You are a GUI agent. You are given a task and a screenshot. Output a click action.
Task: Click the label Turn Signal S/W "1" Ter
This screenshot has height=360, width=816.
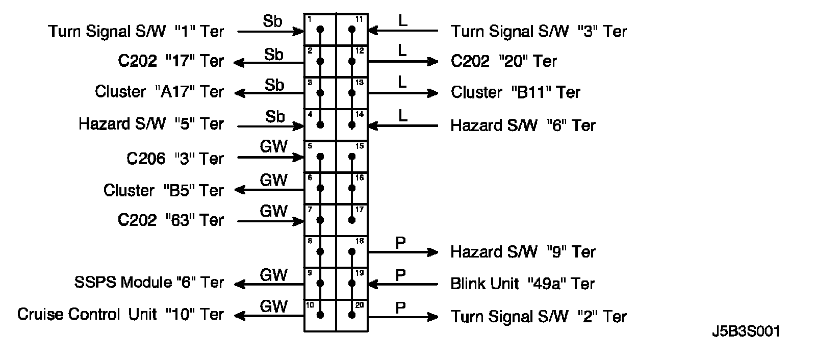[136, 32]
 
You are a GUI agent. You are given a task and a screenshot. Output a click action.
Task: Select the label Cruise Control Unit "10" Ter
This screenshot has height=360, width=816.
[120, 314]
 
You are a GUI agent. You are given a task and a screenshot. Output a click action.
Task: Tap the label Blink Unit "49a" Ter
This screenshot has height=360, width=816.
[523, 284]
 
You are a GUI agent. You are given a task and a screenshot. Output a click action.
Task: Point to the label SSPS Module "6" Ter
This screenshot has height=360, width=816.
[149, 282]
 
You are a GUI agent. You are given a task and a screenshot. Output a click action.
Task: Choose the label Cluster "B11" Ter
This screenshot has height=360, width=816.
[516, 92]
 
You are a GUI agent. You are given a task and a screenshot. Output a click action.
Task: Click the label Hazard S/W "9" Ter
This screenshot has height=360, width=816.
[523, 251]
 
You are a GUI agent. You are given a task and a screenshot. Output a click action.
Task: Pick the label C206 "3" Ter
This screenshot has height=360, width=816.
[175, 159]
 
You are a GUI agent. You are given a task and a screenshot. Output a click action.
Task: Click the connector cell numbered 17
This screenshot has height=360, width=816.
[352, 220]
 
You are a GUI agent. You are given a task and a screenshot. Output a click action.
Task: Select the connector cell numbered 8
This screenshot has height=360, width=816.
[320, 252]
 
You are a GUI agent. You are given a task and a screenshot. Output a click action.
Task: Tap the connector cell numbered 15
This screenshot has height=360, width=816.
[352, 157]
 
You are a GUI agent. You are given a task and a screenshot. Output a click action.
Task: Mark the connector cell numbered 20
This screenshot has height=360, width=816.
[352, 315]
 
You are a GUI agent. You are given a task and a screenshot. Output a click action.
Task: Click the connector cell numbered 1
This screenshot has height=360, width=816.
[320, 31]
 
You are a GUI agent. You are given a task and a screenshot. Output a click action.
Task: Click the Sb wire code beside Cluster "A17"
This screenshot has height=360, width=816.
[274, 85]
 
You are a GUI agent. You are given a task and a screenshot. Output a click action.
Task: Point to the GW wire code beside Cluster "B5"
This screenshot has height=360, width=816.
[274, 180]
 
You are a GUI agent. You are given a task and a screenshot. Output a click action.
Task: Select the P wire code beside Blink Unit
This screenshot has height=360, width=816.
[401, 275]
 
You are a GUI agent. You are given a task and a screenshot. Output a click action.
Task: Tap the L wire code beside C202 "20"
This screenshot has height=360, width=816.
[402, 50]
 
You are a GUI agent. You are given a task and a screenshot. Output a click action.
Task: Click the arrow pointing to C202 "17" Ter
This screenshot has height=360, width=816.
[269, 62]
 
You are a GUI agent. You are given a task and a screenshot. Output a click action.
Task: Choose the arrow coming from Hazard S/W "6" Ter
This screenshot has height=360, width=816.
[402, 125]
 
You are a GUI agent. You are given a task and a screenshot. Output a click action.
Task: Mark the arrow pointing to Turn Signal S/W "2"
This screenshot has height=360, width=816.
[402, 317]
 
